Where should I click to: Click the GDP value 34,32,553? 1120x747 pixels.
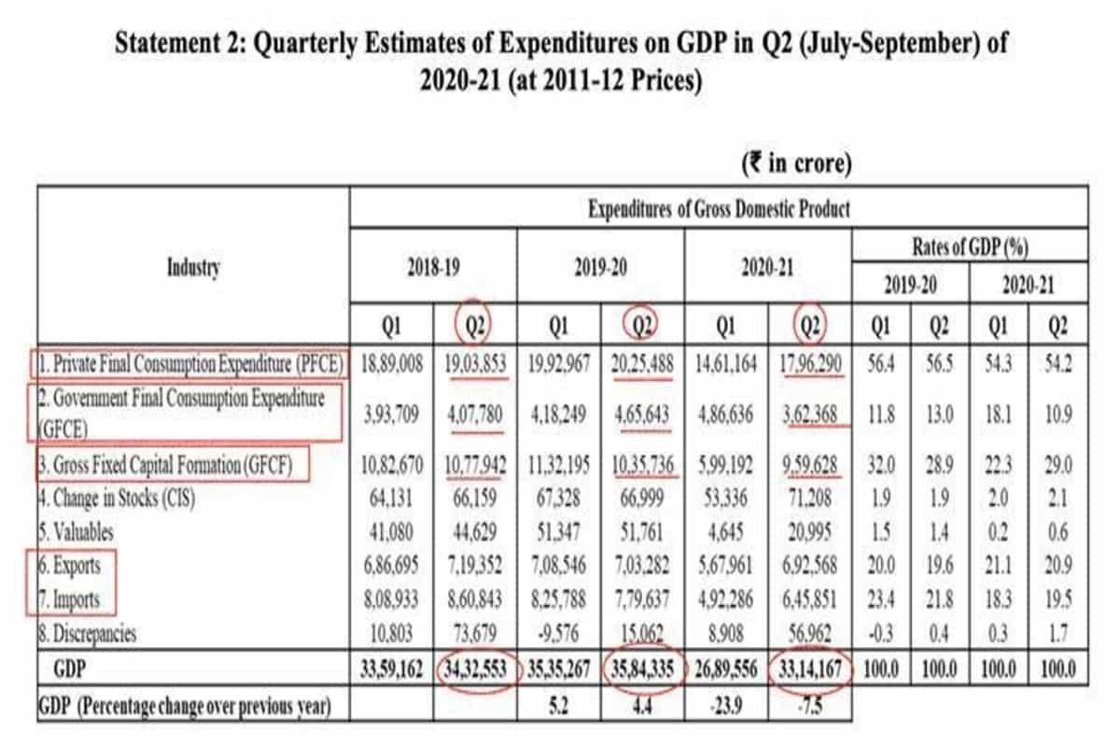476,669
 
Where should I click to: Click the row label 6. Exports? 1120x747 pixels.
71,566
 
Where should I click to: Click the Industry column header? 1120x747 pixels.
193,269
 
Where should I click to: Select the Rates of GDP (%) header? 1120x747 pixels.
970,247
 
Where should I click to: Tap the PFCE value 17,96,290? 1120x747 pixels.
808,363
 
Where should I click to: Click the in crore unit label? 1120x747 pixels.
796,164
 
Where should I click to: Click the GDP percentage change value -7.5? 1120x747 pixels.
810,706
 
